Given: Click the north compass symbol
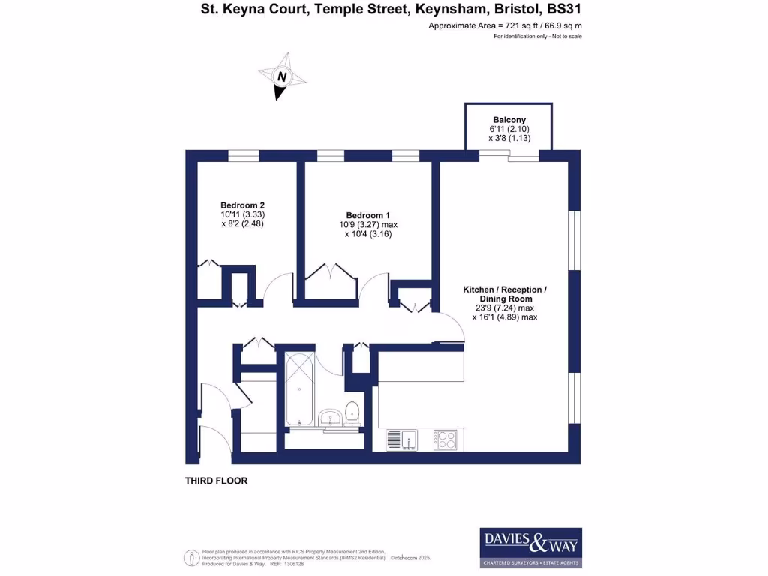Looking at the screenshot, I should [281, 76].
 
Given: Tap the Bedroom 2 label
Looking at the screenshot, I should [242, 205].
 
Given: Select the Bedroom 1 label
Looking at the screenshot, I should [368, 214].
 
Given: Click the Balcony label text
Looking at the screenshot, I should [509, 120].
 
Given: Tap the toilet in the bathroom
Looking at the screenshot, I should [352, 413].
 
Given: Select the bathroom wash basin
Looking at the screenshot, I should [328, 417].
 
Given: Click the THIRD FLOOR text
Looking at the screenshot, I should [216, 481].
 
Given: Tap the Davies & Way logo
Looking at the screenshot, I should [530, 547].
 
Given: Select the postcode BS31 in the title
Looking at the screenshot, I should [565, 10].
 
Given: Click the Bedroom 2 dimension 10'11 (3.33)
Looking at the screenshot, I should [242, 214].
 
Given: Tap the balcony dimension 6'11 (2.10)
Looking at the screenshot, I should [509, 129].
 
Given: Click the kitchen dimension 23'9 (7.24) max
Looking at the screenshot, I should [504, 307].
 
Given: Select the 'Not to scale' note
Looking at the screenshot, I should [564, 36].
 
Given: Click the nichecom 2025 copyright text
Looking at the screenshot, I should [410, 558].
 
